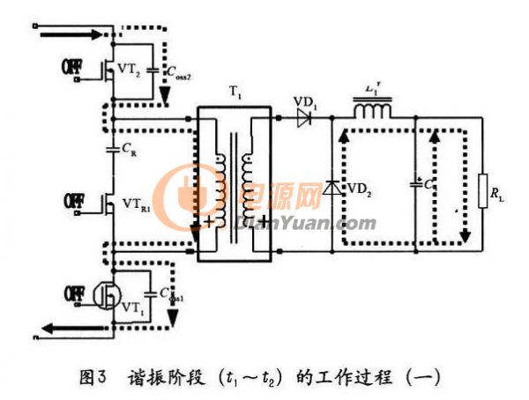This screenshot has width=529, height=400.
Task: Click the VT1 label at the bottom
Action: tap(132, 307)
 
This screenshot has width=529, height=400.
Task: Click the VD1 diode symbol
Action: tap(305, 117)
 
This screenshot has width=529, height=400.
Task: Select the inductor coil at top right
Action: tap(374, 112)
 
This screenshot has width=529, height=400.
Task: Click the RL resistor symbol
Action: tap(482, 191)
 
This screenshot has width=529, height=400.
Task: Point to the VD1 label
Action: tap(305, 98)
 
